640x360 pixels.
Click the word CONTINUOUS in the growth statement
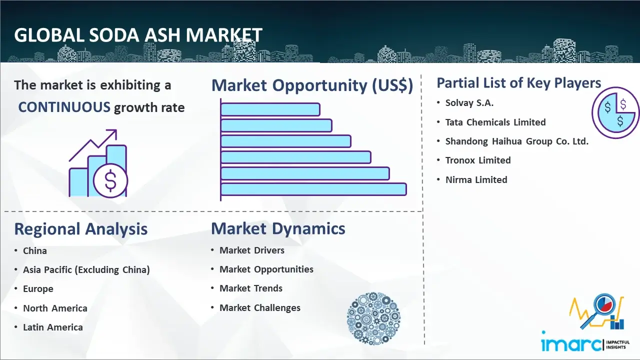pyautogui.click(x=64, y=107)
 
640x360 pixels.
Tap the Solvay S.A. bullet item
pyautogui.click(x=469, y=103)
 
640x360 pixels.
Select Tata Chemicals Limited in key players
pyautogui.click(x=495, y=122)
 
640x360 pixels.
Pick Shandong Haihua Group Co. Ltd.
pyautogui.click(x=517, y=141)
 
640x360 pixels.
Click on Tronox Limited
pyautogui.click(x=478, y=160)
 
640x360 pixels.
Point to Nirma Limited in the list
pyautogui.click(x=476, y=179)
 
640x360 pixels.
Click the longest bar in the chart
pyautogui.click(x=313, y=189)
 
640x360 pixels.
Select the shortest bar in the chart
pyautogui.click(x=270, y=109)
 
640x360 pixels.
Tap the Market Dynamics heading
pyautogui.click(x=278, y=228)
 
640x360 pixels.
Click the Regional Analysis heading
pyautogui.click(x=81, y=229)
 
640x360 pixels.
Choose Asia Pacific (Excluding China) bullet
pyautogui.click(x=86, y=269)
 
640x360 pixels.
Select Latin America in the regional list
pyautogui.click(x=53, y=327)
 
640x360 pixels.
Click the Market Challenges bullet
pyautogui.click(x=259, y=308)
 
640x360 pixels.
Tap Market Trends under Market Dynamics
pyautogui.click(x=251, y=288)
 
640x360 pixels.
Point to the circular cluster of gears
pyautogui.click(x=373, y=318)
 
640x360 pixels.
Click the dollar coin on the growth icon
pyautogui.click(x=110, y=181)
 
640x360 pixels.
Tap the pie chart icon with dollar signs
pyautogui.click(x=615, y=113)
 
